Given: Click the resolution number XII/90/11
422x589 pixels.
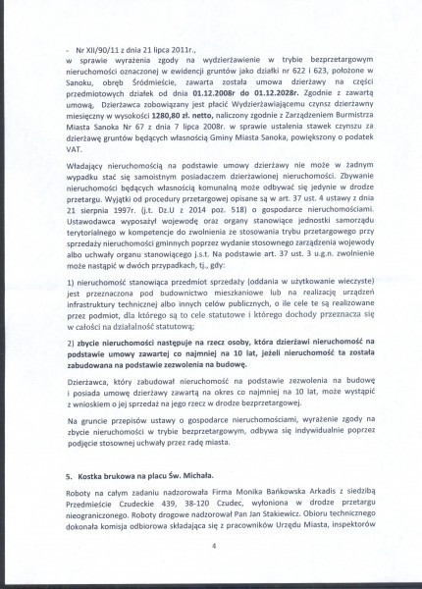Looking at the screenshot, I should coord(95,46).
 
